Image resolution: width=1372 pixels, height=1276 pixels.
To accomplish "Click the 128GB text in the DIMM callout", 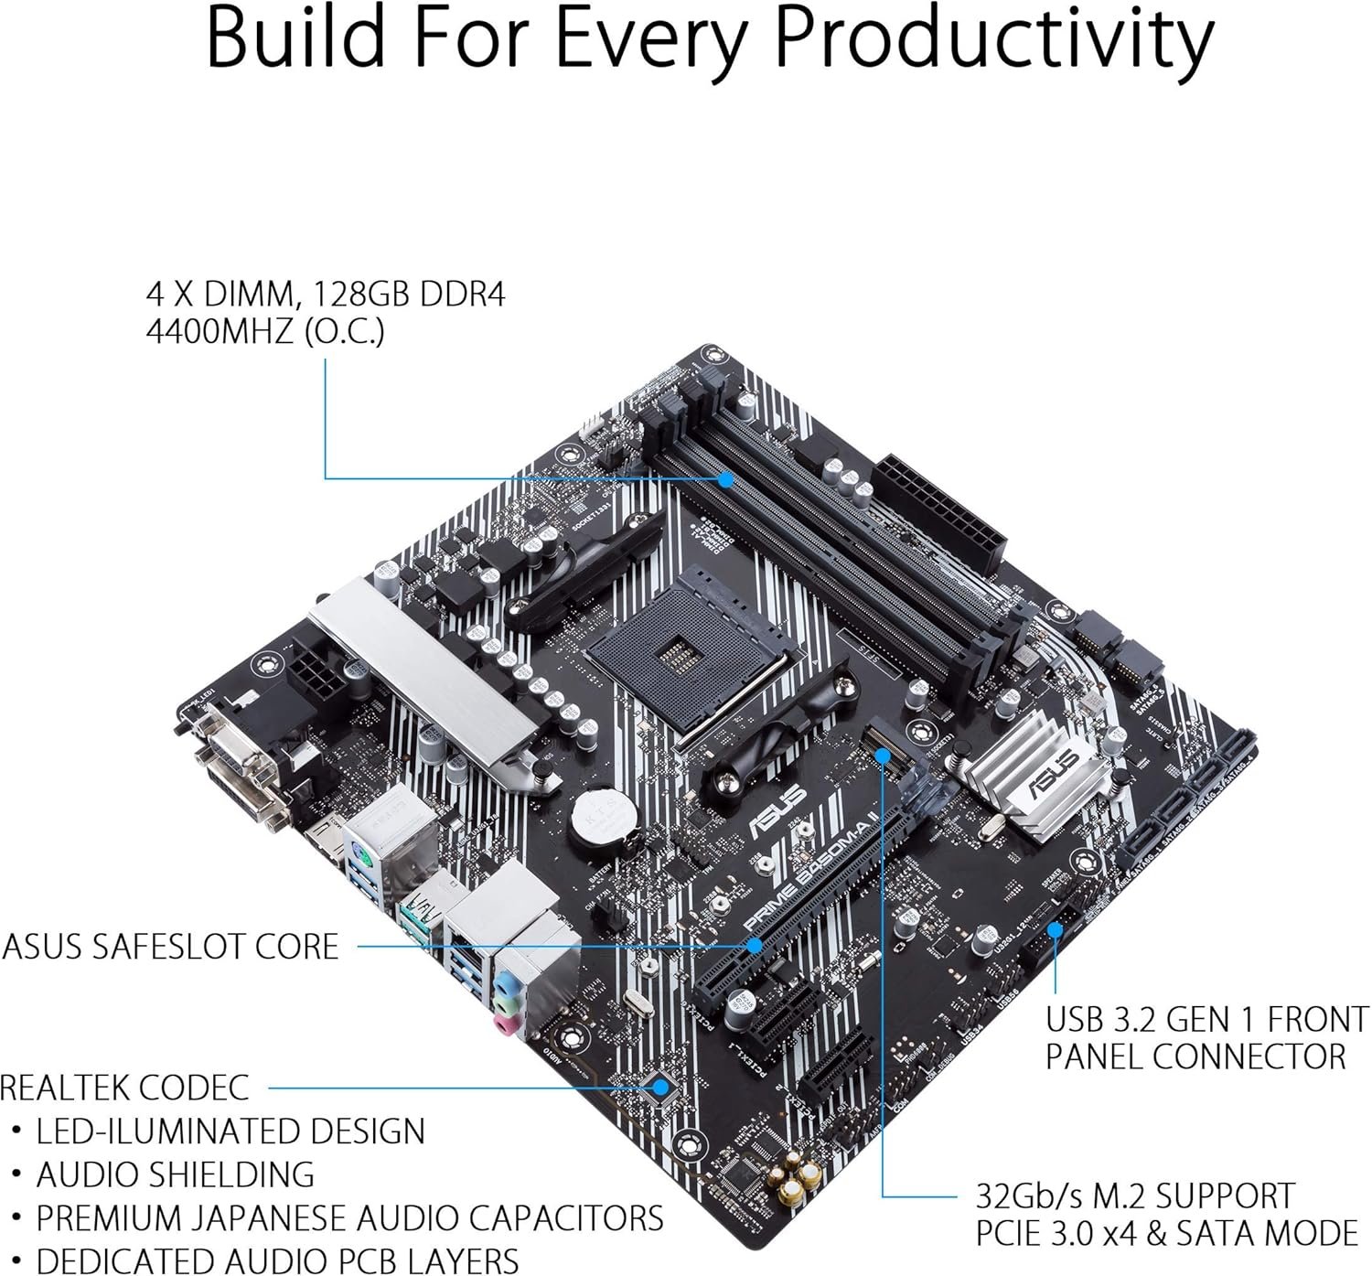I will (364, 295).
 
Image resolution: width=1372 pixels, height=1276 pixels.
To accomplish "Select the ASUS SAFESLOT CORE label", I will (171, 946).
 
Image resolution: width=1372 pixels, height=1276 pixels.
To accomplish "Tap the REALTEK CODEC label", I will (124, 1088).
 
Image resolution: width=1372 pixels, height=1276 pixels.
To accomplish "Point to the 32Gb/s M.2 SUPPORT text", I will (1135, 1196).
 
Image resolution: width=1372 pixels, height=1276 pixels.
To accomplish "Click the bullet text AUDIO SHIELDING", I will (176, 1174).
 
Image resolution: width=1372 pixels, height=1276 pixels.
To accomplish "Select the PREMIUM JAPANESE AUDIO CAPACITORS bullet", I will (349, 1218).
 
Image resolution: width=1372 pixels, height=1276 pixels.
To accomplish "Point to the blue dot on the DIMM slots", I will (725, 478).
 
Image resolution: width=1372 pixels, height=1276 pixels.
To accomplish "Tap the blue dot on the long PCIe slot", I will (755, 945).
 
